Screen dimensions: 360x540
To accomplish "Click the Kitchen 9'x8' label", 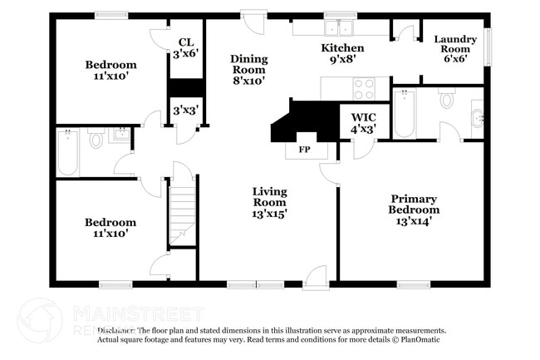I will point(342,54).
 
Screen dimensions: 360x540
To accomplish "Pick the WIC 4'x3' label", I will point(364,123).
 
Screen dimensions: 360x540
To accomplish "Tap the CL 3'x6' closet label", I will point(185,47).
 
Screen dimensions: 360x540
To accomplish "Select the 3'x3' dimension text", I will point(184,110).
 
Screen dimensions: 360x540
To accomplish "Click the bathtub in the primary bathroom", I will point(405,115).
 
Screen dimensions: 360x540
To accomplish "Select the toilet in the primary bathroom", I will point(447,101).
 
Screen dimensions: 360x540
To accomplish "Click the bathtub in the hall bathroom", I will point(68,151).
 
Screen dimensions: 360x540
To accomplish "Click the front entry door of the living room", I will point(315,278).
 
